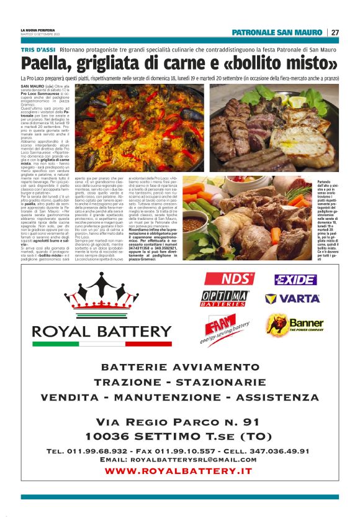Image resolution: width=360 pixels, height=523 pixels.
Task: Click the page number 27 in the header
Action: pyautogui.click(x=335, y=32)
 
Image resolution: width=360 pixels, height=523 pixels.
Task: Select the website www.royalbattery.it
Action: pyautogui.click(x=179, y=471)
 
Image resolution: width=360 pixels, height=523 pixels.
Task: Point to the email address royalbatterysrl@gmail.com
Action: pyautogui.click(x=179, y=460)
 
